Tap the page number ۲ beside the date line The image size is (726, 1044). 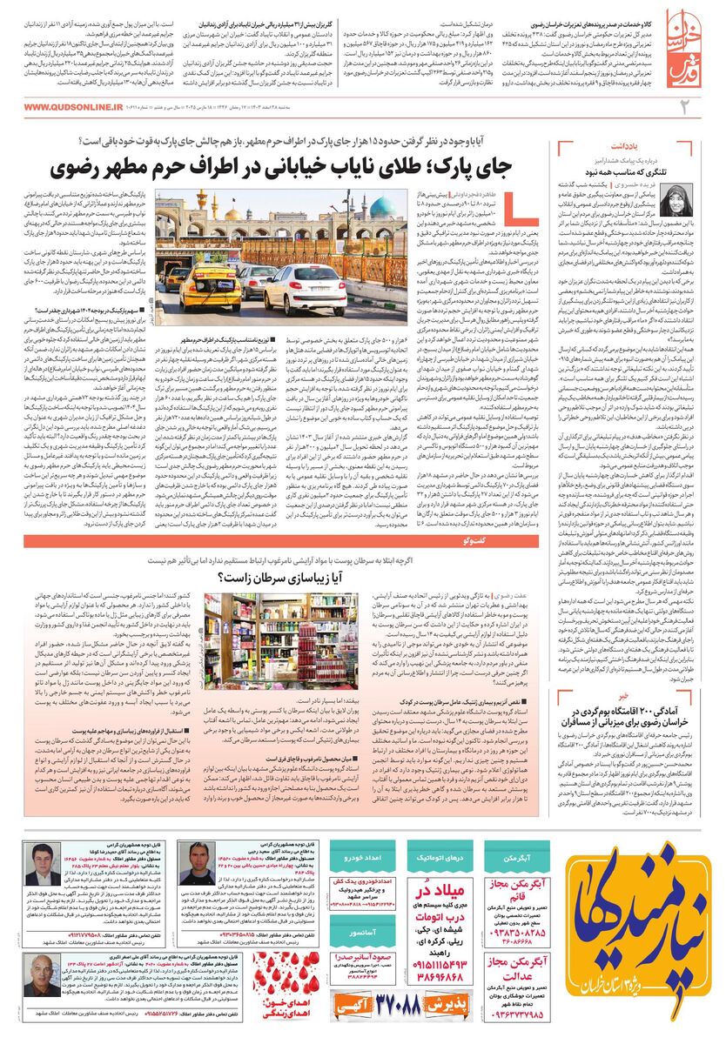pos(708,107)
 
